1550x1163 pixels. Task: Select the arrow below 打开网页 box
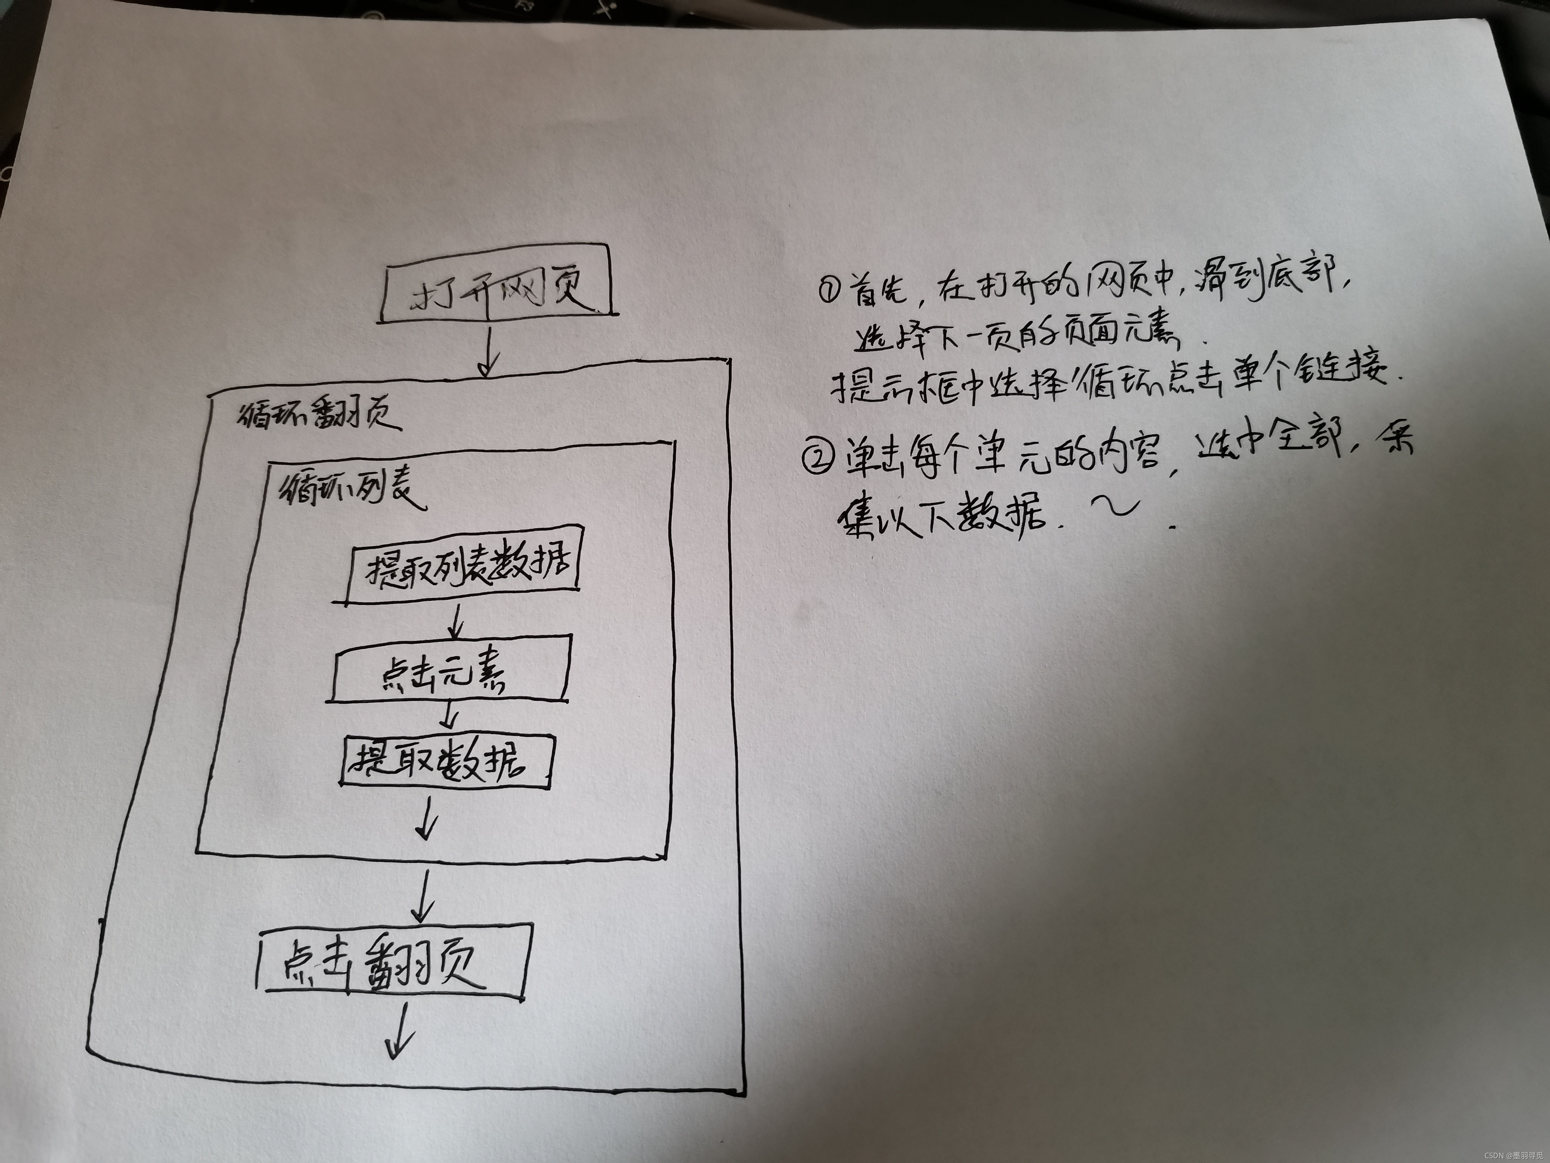click(488, 354)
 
